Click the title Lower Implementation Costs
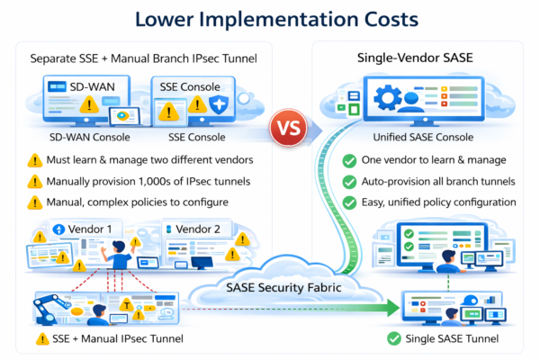[x=270, y=19]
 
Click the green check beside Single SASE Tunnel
[x=392, y=340]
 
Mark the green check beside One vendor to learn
[x=348, y=161]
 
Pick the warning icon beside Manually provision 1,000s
[x=35, y=181]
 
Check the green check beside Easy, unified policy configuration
[x=348, y=202]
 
